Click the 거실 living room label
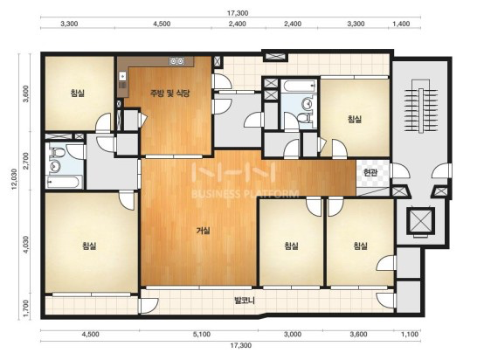click(203, 231)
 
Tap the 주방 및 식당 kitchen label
click(170, 93)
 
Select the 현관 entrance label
click(370, 172)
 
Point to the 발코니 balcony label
click(245, 301)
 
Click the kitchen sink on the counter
click(177, 61)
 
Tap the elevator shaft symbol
click(420, 220)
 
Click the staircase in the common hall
click(421, 107)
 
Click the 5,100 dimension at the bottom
click(202, 335)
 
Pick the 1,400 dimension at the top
click(401, 24)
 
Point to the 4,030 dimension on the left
click(26, 245)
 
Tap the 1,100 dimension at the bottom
click(410, 335)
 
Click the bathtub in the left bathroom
click(64, 182)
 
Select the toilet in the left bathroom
click(57, 152)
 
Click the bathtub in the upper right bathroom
click(299, 86)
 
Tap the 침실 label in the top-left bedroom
click(78, 93)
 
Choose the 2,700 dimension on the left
click(26, 161)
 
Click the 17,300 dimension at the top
click(238, 13)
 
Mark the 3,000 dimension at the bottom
click(293, 335)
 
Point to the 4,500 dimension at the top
click(162, 24)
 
